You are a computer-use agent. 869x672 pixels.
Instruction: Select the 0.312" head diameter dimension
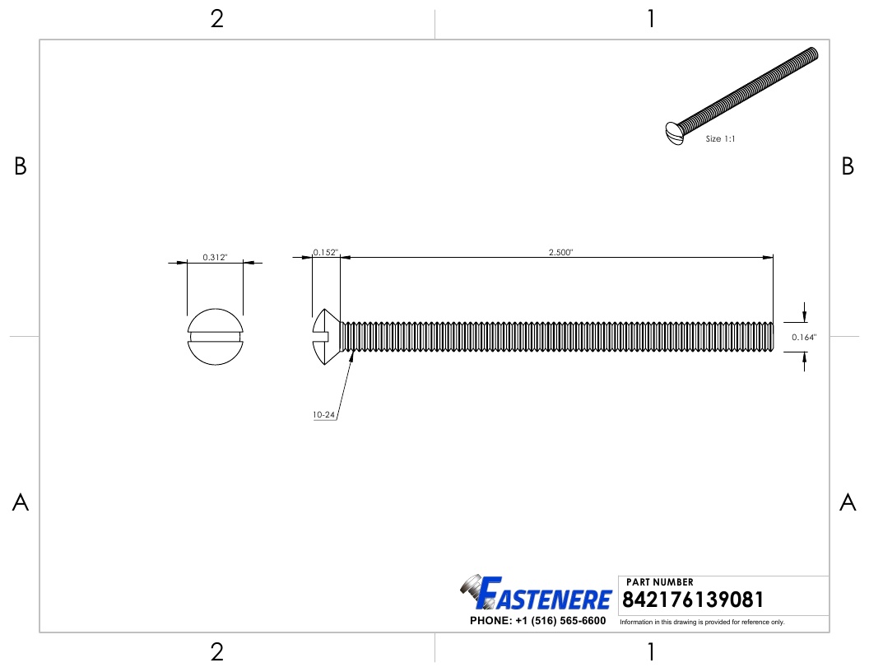(215, 258)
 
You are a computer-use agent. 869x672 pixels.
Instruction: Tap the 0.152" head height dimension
(325, 253)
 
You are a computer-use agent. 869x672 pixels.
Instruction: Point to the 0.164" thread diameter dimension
(804, 337)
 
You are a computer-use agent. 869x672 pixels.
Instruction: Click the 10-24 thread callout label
(323, 416)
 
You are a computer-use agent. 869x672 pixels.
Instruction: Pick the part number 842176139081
(694, 600)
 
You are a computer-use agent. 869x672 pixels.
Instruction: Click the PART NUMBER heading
(659, 582)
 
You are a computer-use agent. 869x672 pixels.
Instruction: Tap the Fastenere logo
(537, 595)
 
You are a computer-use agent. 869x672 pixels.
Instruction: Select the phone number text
(537, 621)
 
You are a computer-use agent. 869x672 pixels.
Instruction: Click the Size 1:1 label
(720, 139)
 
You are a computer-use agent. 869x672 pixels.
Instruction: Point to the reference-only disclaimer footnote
(702, 623)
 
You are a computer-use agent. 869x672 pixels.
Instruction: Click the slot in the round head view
(215, 336)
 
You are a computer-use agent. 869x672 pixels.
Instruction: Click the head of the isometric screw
(674, 133)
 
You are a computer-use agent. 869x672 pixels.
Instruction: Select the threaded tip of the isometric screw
(812, 54)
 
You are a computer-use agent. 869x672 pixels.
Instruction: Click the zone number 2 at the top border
(216, 19)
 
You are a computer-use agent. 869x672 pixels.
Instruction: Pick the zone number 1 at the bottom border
(651, 652)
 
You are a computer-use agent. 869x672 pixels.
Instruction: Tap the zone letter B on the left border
(21, 167)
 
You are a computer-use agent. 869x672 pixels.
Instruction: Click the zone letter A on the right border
(848, 502)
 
